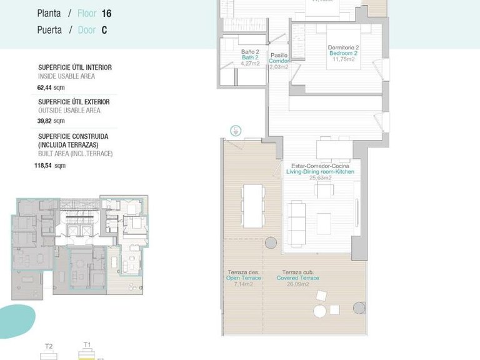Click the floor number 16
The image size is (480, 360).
click(x=106, y=12)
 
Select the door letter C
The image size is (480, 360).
click(x=104, y=30)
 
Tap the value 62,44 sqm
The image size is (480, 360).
click(x=51, y=88)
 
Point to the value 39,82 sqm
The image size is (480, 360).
click(x=51, y=121)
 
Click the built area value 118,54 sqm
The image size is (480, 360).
click(x=50, y=166)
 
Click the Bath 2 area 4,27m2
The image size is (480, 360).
click(x=250, y=63)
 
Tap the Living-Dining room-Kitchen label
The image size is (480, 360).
click(x=321, y=171)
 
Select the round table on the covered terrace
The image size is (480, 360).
click(x=319, y=311)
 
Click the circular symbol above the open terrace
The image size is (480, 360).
click(x=236, y=131)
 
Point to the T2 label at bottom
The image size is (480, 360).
click(x=49, y=346)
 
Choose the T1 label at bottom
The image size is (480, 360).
click(x=87, y=344)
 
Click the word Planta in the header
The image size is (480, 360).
click(x=49, y=12)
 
